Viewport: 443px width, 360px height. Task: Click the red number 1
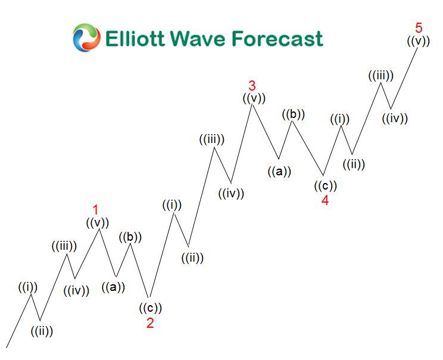(x=95, y=210)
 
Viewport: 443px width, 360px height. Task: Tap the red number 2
(x=150, y=323)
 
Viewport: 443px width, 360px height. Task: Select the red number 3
(x=252, y=85)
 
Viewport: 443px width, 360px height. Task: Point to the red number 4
(x=325, y=200)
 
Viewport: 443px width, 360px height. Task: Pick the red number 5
(x=419, y=27)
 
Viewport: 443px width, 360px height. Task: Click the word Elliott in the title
(x=135, y=39)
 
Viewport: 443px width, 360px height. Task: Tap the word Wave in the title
(x=199, y=39)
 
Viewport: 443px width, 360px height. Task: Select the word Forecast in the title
(x=277, y=39)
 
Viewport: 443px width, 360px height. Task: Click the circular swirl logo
(x=86, y=38)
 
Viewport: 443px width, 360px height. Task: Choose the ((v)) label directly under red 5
(x=419, y=41)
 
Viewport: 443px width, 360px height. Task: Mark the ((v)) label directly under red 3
(x=254, y=98)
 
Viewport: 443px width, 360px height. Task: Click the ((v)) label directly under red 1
(x=98, y=223)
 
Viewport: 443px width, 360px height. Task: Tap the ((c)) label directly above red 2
(x=151, y=308)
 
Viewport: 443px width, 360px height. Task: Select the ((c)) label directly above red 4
(x=326, y=186)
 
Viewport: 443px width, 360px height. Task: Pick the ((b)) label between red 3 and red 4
(x=294, y=114)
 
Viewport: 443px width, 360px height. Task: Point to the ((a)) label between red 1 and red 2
(x=113, y=287)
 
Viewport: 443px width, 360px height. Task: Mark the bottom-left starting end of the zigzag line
(x=7, y=347)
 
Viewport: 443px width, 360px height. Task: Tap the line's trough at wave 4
(x=323, y=175)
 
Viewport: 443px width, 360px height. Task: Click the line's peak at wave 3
(x=252, y=104)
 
